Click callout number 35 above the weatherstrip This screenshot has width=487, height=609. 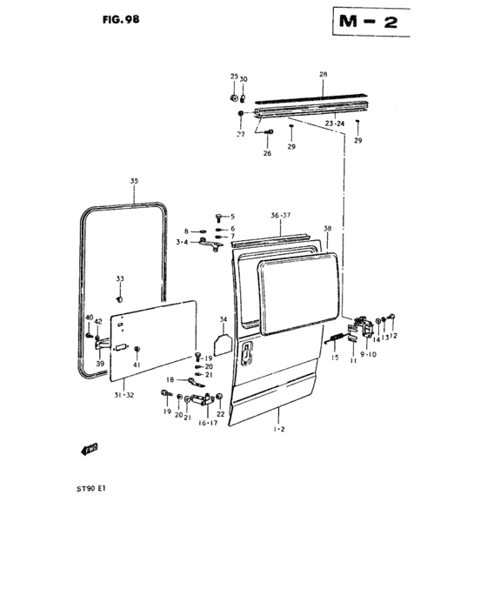(x=134, y=181)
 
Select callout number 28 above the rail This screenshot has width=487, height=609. (x=323, y=75)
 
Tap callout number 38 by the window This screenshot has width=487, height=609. (x=327, y=228)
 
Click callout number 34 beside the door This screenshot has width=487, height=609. (x=223, y=318)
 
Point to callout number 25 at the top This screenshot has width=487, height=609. (x=233, y=77)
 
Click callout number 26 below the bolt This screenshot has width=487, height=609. (x=267, y=153)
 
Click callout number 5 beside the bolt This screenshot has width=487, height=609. (x=231, y=216)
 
